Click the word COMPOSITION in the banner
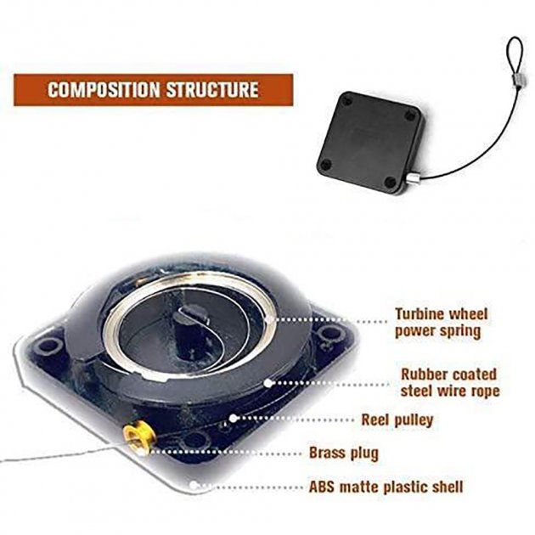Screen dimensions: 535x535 [104, 90]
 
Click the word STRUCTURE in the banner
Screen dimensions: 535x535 [212, 90]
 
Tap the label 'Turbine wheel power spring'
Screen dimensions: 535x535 [442, 323]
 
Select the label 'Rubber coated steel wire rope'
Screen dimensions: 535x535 [450, 382]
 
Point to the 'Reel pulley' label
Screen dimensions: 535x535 [397, 420]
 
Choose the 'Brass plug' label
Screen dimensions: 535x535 [344, 453]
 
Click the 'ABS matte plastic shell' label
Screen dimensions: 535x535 [386, 487]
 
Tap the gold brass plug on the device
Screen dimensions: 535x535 [139, 439]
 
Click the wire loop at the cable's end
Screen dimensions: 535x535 [515, 55]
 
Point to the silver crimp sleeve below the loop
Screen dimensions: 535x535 [519, 82]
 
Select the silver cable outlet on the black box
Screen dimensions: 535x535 [414, 178]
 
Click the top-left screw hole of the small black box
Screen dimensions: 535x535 [347, 101]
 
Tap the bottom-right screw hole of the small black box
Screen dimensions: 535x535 [390, 183]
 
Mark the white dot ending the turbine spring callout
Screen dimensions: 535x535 [269, 319]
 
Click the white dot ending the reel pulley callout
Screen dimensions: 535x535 [233, 419]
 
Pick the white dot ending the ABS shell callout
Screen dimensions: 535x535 [194, 485]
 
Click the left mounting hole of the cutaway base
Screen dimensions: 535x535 [46, 346]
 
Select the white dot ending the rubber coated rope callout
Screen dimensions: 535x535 [268, 383]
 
